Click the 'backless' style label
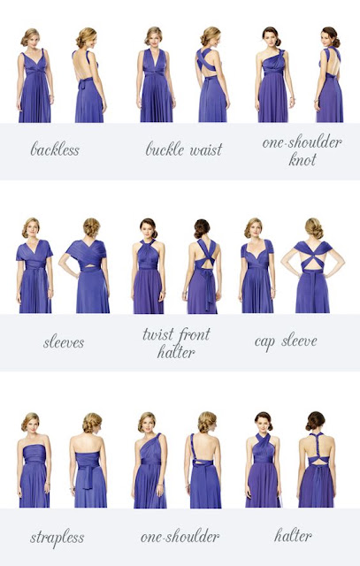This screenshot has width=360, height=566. [55, 149]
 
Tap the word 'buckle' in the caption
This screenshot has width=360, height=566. [165, 149]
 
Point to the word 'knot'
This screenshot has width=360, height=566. [303, 159]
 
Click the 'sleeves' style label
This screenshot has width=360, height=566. [64, 342]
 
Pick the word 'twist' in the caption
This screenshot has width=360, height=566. [157, 334]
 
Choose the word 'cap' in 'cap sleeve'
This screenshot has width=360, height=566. [264, 342]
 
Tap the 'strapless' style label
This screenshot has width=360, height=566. [57, 538]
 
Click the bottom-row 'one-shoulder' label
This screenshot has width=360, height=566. [180, 537]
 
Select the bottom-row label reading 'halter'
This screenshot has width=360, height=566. [293, 535]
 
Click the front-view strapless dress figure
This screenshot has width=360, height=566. [34, 460]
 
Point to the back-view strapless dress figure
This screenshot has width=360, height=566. [89, 460]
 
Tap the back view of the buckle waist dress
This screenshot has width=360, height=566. [213, 74]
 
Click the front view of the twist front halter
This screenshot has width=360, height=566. [149, 265]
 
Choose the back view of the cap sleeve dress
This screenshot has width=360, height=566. [313, 265]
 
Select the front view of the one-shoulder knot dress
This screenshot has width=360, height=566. [273, 74]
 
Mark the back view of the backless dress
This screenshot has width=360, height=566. [89, 74]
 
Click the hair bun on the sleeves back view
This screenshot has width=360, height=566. [92, 227]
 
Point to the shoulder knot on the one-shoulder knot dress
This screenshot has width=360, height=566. [281, 53]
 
